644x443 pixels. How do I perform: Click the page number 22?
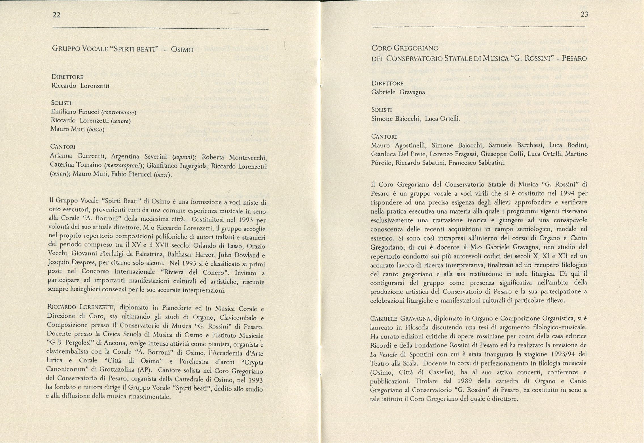point(57,15)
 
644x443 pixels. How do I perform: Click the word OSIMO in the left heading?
point(182,50)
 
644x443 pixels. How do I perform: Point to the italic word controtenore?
point(119,113)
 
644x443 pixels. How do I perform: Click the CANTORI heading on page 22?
point(63,147)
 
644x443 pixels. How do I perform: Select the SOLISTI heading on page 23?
point(382,110)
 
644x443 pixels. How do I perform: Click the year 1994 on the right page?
point(565,193)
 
